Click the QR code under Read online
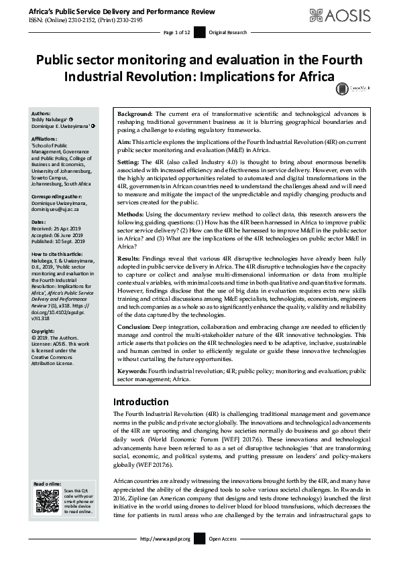48,500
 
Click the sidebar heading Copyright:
44,331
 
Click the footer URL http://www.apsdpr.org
165,539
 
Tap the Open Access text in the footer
223,539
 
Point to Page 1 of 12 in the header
176,33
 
